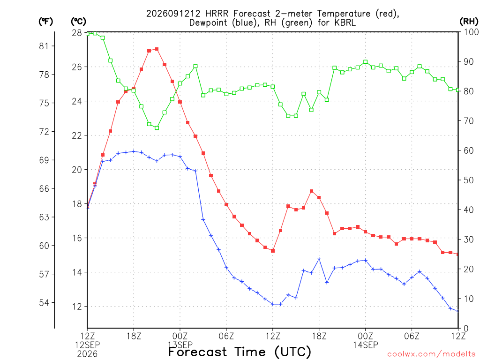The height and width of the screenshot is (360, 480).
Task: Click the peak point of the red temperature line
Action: [157, 49]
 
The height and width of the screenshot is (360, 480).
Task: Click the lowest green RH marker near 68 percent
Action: [157, 128]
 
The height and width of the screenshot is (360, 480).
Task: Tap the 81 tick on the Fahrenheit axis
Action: [44, 46]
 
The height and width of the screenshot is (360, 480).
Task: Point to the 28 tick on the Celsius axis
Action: [77, 33]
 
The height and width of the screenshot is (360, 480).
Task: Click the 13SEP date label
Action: [180, 345]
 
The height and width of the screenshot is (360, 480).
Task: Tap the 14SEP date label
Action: [366, 345]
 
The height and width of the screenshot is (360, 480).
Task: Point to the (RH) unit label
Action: [469, 21]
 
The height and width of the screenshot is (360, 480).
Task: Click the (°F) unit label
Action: [45, 22]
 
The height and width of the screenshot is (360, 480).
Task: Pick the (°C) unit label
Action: [78, 22]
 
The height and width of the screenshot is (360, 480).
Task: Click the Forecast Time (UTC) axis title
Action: [240, 352]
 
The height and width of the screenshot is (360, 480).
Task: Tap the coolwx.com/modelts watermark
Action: [431, 354]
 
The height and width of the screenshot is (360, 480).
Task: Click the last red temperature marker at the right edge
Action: [457, 254]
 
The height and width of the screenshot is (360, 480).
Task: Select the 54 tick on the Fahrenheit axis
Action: [44, 303]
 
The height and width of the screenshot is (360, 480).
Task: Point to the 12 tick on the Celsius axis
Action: [77, 307]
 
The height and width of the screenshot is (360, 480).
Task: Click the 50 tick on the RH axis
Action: [469, 180]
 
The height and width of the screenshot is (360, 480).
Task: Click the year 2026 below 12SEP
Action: [87, 354]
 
